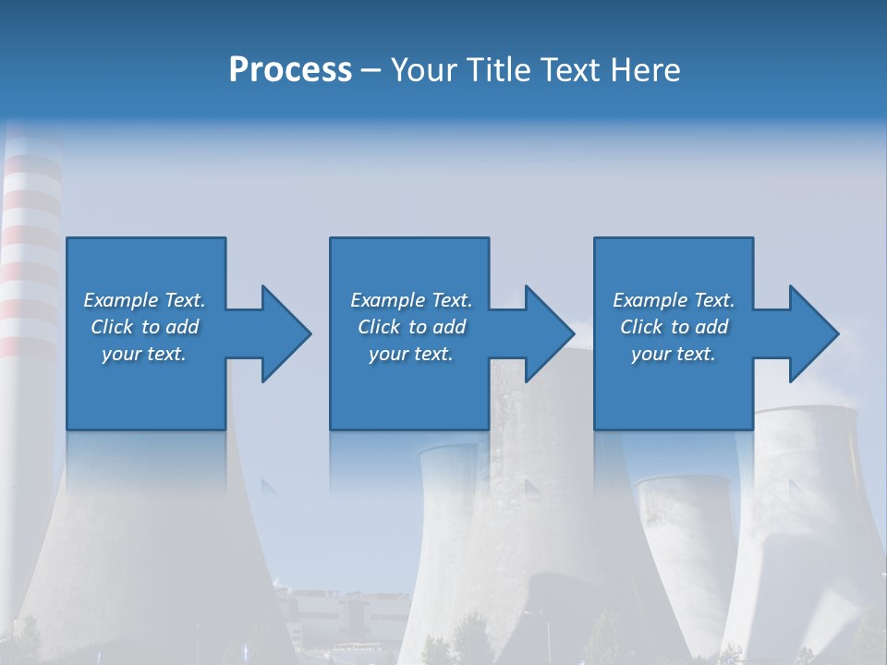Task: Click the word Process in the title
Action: [x=290, y=70]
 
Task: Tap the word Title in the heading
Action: [x=500, y=70]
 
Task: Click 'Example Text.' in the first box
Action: [x=144, y=300]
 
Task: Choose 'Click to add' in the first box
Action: [x=144, y=327]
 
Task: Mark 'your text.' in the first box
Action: [x=144, y=354]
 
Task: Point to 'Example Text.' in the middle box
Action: [x=411, y=300]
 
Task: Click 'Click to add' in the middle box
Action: [x=411, y=327]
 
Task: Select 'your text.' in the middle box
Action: [x=411, y=354]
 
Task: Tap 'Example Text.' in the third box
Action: [x=674, y=300]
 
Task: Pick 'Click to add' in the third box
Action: [x=674, y=327]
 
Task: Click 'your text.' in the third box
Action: [x=674, y=354]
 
